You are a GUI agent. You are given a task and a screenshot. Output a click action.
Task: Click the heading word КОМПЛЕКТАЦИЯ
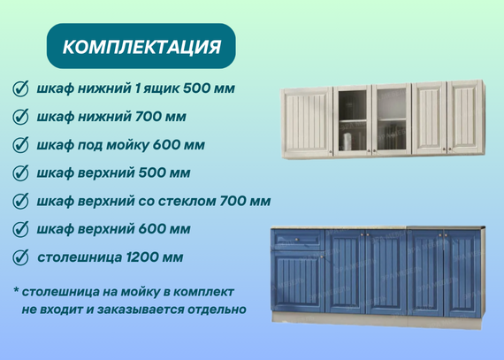tap(141, 47)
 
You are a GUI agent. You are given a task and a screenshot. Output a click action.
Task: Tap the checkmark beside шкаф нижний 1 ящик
tap(20, 88)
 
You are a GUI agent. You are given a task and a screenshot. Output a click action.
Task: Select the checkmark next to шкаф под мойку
tap(20, 145)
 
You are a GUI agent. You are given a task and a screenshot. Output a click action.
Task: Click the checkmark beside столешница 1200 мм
tap(20, 257)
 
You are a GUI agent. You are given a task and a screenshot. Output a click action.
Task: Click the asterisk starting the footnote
tap(16, 290)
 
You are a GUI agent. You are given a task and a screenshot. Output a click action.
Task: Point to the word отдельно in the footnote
tap(217, 310)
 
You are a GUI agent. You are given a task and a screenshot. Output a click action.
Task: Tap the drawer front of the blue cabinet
tap(298, 240)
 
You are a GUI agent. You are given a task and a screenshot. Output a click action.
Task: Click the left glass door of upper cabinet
tap(353, 119)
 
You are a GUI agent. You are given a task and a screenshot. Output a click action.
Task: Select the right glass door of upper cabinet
tap(392, 119)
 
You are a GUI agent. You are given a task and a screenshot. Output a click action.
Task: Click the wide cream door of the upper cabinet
tap(308, 122)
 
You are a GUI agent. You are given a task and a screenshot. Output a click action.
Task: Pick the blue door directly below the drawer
tap(298, 281)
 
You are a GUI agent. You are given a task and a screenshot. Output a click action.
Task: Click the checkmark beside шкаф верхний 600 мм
tap(20, 229)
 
